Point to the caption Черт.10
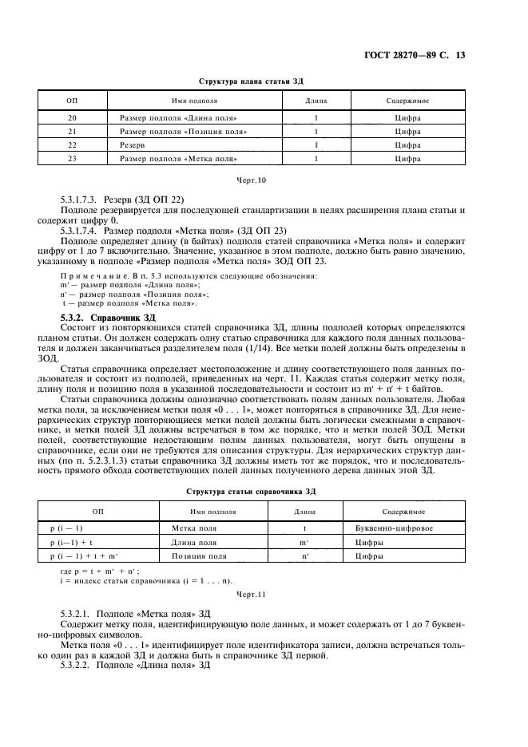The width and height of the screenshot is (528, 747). pos(251,181)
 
